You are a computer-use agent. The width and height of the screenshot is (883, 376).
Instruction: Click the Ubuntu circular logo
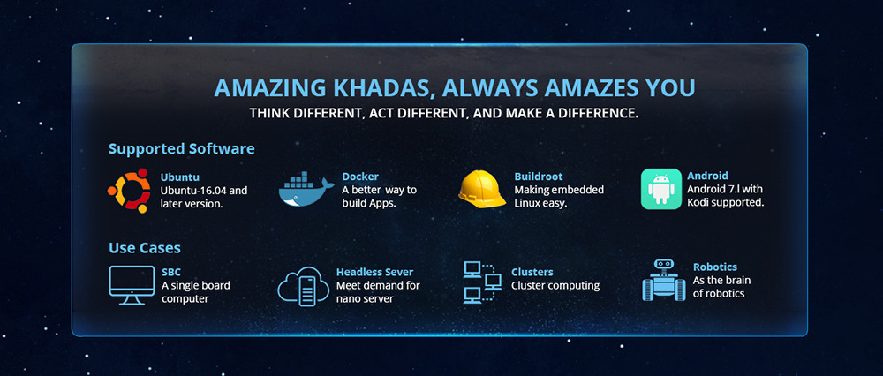coord(130,191)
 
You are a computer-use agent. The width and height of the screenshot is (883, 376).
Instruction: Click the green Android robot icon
coord(661,189)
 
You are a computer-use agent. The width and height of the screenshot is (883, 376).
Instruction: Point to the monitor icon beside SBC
coord(132,285)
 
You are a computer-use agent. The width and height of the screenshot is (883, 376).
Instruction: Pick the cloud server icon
coord(303,287)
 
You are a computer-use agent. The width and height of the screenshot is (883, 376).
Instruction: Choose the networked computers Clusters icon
coord(482,282)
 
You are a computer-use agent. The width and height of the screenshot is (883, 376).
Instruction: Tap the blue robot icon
coord(663,280)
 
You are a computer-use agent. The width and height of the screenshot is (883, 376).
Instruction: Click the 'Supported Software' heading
coord(181,149)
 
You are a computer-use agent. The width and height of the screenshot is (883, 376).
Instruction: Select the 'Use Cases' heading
coord(145,248)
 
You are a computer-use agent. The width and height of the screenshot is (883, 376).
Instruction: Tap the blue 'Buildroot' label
coord(539,177)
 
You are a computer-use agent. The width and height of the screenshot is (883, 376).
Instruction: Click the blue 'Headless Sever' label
coord(375,273)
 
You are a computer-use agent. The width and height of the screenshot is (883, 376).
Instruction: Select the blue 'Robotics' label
coord(715,267)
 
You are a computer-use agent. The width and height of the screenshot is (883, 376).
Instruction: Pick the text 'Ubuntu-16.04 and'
coord(204,191)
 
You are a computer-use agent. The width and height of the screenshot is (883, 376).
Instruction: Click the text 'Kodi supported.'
coord(726,203)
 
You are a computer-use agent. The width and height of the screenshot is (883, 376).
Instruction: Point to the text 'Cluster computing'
coord(555,286)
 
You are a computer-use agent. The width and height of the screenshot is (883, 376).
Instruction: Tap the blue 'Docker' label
coord(360,177)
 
